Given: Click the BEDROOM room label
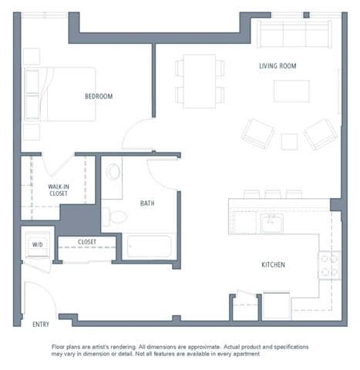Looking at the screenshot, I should (99, 96).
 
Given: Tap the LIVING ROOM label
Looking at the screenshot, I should (278, 66).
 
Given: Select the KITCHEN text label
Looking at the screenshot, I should (273, 265).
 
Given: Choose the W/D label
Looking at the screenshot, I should (37, 244).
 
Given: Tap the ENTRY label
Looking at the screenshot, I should (40, 325).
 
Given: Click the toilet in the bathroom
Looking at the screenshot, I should (114, 216).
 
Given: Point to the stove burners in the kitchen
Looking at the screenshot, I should (329, 265).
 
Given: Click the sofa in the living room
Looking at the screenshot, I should (294, 33).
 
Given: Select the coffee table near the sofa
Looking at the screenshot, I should (291, 91).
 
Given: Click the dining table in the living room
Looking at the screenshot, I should (199, 80).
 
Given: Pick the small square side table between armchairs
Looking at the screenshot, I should (289, 142).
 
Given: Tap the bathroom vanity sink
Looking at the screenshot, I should (114, 171).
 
